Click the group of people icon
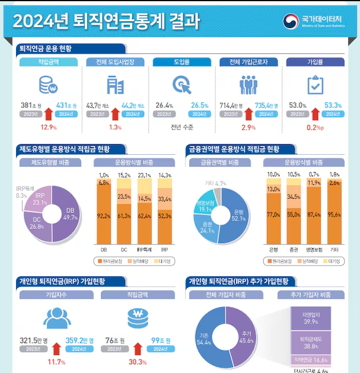pyautogui.click(x=247, y=85)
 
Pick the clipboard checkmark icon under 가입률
pyautogui.click(x=314, y=85)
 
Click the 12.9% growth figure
pyautogui.click(x=48, y=127)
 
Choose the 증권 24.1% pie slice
pyautogui.click(x=206, y=227)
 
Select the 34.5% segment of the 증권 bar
pyautogui.click(x=294, y=196)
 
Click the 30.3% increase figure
pyautogui.click(x=138, y=362)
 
